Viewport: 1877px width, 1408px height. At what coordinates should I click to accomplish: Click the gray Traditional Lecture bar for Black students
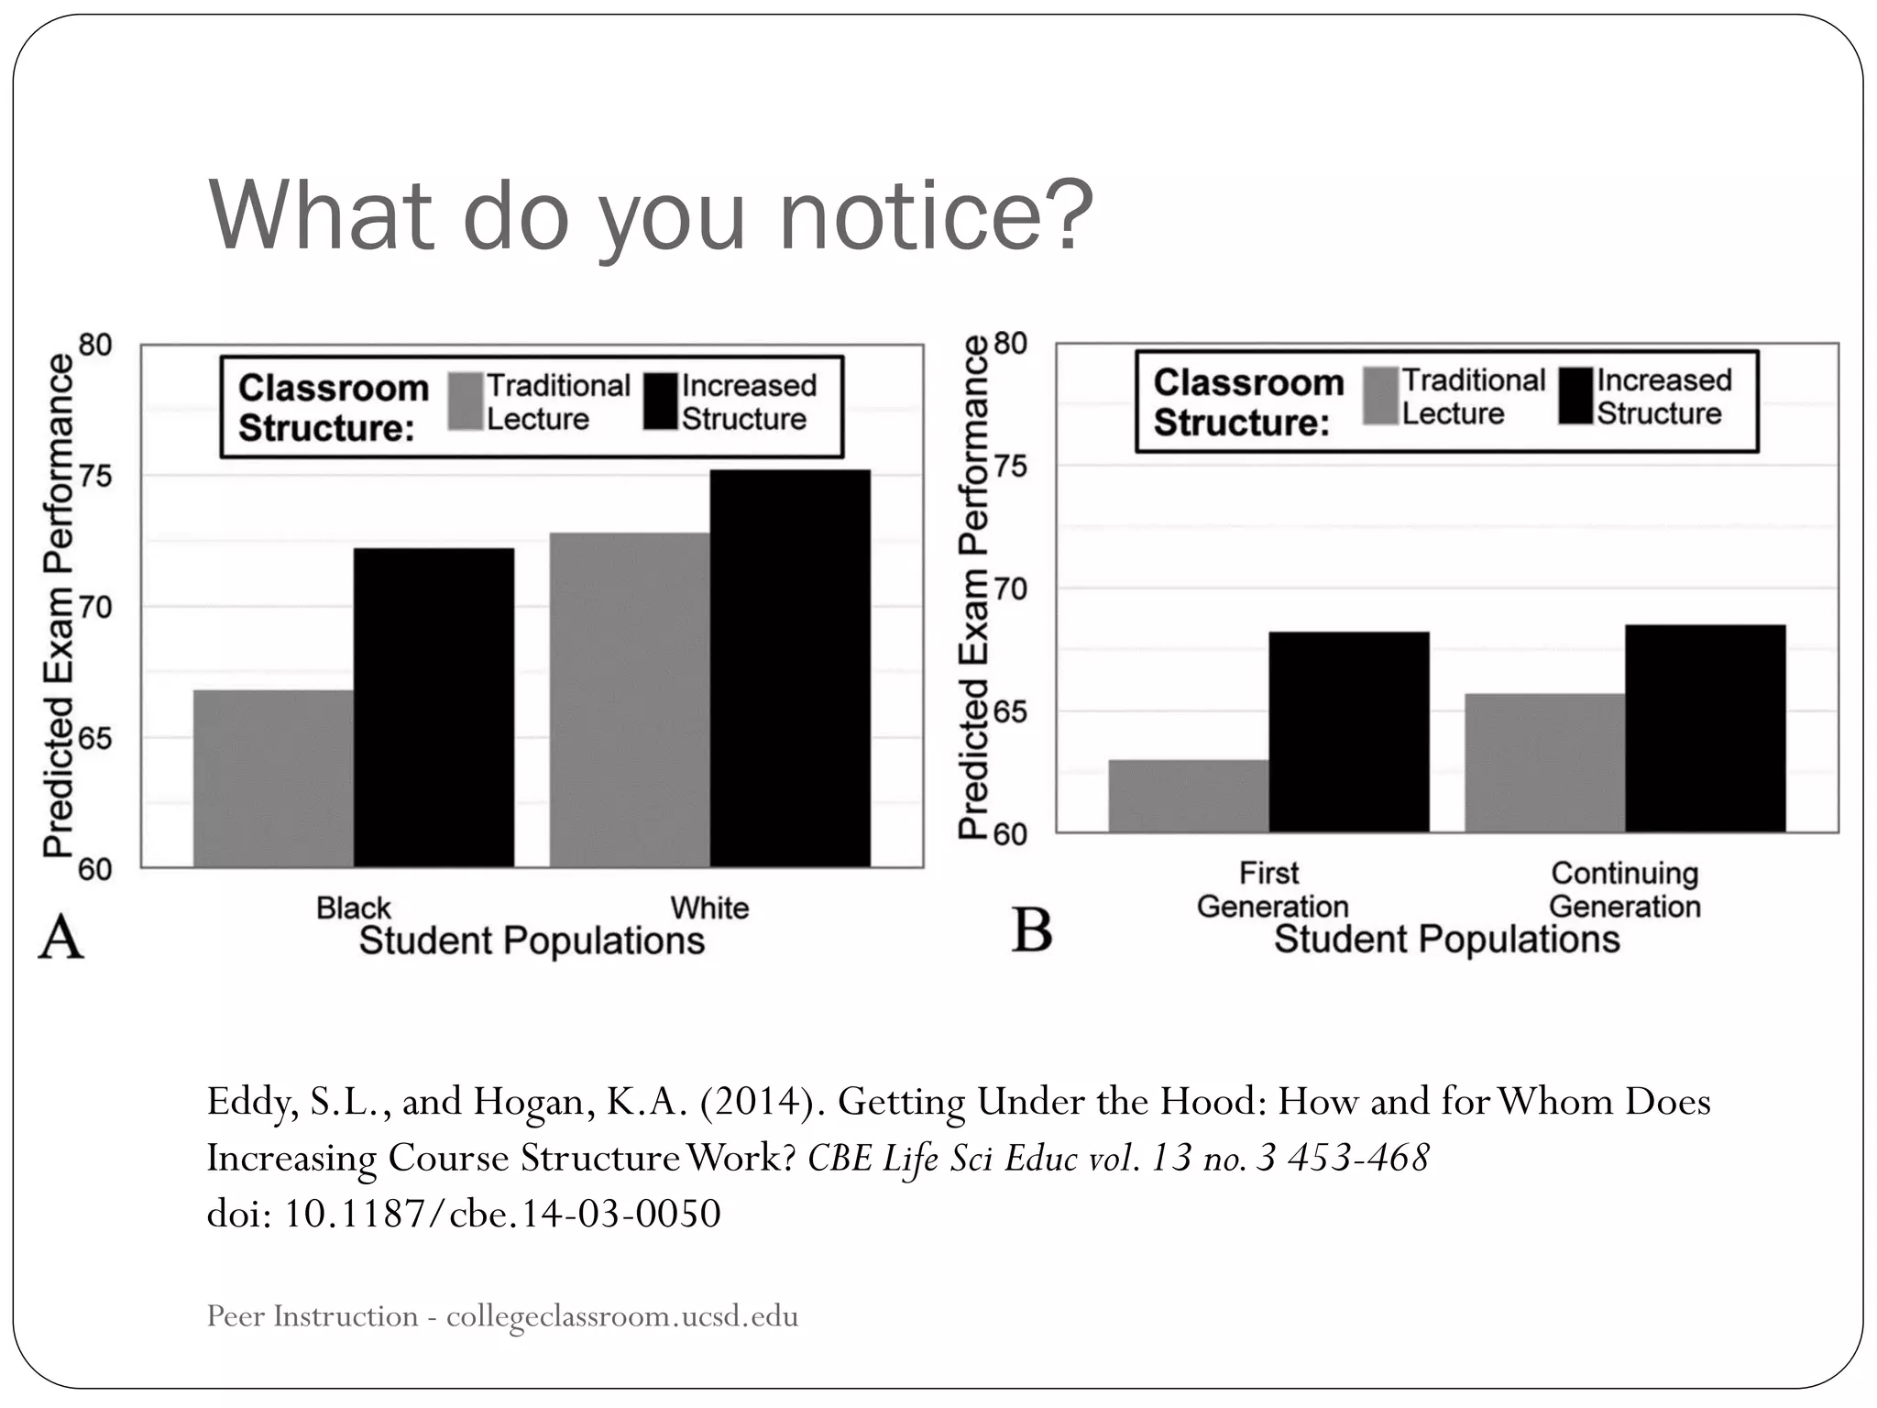tap(273, 778)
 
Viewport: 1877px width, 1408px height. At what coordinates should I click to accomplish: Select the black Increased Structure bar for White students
tap(790, 668)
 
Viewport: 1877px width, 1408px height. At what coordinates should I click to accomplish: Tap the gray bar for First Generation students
tap(1189, 796)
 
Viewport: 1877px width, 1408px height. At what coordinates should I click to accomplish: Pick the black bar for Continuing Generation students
tap(1705, 729)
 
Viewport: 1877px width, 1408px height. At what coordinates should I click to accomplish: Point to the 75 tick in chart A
tap(94, 477)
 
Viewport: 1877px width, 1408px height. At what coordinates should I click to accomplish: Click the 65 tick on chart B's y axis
tap(1009, 712)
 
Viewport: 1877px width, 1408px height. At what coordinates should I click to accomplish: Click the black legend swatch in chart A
tap(660, 401)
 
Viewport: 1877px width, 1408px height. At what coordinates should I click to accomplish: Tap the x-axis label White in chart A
tap(709, 907)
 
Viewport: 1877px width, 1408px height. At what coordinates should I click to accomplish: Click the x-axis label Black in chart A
tap(353, 907)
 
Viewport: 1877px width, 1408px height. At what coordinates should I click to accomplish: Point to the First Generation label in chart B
tap(1272, 889)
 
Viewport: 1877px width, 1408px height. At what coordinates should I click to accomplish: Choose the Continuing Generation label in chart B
tap(1624, 889)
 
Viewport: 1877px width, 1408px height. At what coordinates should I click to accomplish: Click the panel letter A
tap(60, 937)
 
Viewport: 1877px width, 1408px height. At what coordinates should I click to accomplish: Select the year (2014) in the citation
tap(759, 1101)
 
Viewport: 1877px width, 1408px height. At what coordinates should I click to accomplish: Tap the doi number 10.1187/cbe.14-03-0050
tap(502, 1214)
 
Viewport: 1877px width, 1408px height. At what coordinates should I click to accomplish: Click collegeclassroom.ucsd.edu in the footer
tap(622, 1316)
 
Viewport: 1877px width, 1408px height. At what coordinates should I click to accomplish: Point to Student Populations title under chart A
tap(532, 941)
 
